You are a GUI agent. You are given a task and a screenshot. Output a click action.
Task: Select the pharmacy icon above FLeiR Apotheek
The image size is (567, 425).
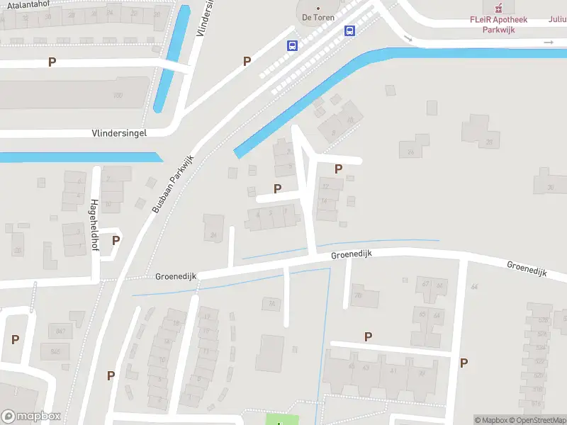(x=498, y=8)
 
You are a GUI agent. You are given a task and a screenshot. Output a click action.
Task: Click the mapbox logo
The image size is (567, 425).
(x=30, y=416)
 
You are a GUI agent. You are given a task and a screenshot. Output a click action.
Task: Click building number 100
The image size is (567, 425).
(x=118, y=95)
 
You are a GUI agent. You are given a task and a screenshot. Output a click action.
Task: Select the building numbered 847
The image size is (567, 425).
(x=61, y=331)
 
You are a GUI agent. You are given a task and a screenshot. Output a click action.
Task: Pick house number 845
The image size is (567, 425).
(x=55, y=351)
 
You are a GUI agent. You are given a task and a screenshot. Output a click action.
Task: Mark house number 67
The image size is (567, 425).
(x=425, y=285)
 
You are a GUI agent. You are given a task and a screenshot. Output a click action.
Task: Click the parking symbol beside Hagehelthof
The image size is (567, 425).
(x=116, y=240)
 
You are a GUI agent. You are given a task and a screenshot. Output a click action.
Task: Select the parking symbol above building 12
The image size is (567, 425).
(x=338, y=169)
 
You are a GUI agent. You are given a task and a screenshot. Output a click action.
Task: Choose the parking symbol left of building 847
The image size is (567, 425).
(x=15, y=339)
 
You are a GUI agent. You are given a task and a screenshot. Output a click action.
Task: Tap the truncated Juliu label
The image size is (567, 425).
(x=557, y=20)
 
